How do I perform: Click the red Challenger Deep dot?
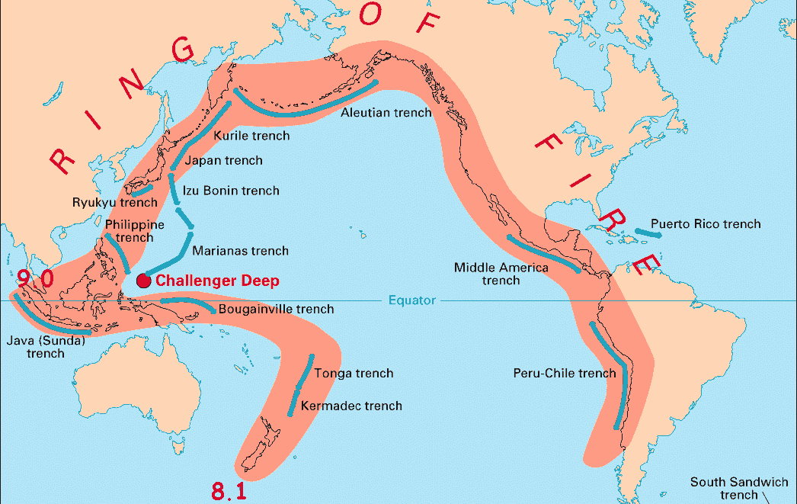(x=142, y=281)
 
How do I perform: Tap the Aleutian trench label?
(x=386, y=113)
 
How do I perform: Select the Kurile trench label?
(x=252, y=136)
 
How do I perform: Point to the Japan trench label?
(x=224, y=161)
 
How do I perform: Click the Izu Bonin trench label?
(x=231, y=191)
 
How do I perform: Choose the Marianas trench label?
(x=240, y=251)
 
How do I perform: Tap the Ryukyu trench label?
(x=114, y=203)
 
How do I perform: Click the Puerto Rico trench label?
(x=706, y=224)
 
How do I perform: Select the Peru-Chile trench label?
(x=565, y=374)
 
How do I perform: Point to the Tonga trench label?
(x=354, y=374)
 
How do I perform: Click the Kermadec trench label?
(x=351, y=406)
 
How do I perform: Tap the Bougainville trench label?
(x=276, y=310)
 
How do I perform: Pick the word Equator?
(x=411, y=300)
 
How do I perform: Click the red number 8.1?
(x=229, y=492)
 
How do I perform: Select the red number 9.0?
(x=36, y=279)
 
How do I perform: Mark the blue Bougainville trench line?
(x=186, y=303)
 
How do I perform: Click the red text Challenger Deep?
(x=217, y=281)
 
